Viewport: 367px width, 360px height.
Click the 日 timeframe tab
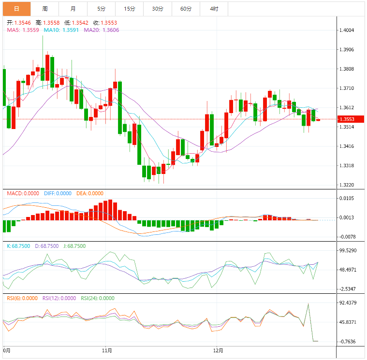pyautogui.click(x=16, y=9)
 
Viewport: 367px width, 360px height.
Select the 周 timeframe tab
pyautogui.click(x=44, y=9)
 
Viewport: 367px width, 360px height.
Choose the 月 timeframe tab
pyautogui.click(x=73, y=9)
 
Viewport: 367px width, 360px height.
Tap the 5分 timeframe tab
pyautogui.click(x=101, y=9)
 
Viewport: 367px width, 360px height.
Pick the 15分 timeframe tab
pyautogui.click(x=129, y=9)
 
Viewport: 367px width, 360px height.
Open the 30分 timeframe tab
pyautogui.click(x=158, y=9)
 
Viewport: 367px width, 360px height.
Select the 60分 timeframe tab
pyautogui.click(x=186, y=9)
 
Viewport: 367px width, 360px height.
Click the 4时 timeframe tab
pyautogui.click(x=214, y=9)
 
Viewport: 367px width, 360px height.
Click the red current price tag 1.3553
pyautogui.click(x=350, y=119)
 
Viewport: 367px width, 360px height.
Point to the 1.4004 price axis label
pyautogui.click(x=347, y=30)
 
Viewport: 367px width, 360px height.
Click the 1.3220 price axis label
pyautogui.click(x=347, y=185)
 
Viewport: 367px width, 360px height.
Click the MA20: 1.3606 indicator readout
pyautogui.click(x=102, y=30)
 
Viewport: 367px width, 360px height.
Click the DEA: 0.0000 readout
pyautogui.click(x=90, y=193)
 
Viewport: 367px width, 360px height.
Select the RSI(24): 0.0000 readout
pyautogui.click(x=98, y=298)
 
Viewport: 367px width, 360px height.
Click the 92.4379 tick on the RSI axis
pyautogui.click(x=349, y=303)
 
